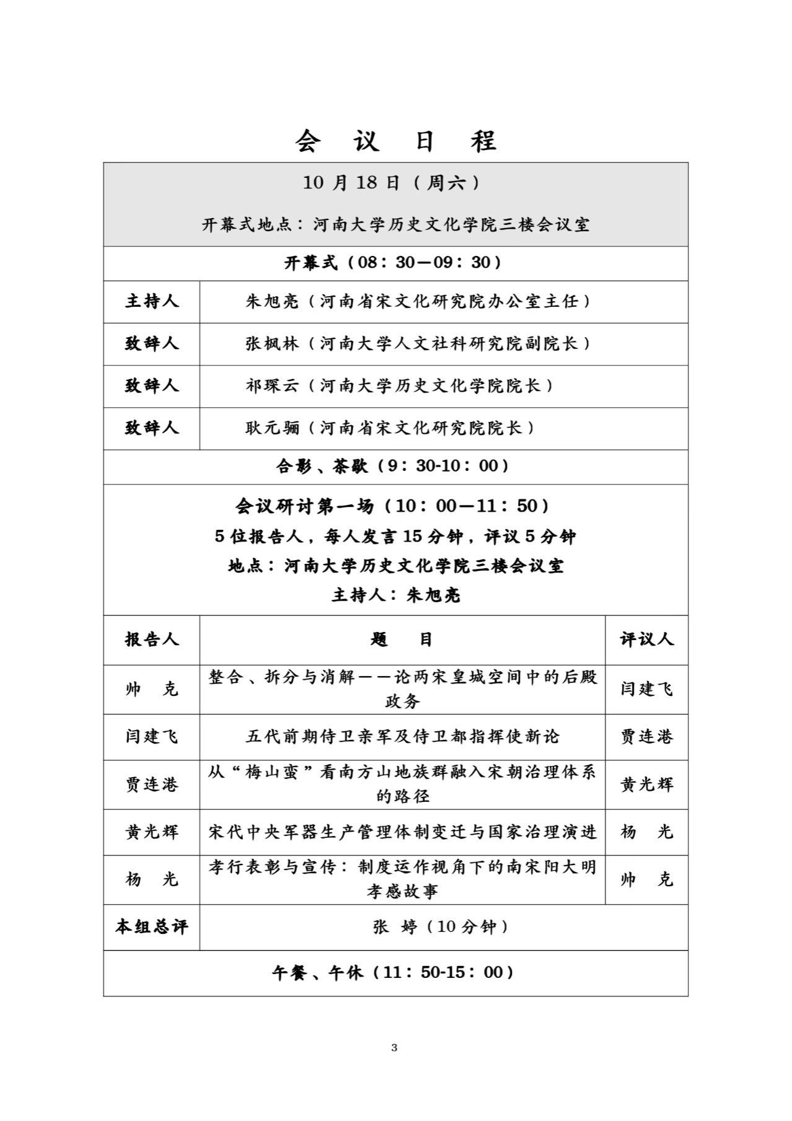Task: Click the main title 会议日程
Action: [395, 141]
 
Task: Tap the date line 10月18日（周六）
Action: [391, 183]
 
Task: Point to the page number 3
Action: [395, 1048]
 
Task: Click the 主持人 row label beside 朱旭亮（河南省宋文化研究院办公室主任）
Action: [152, 302]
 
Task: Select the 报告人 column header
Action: [152, 640]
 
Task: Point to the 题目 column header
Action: [402, 640]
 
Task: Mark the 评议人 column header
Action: [646, 640]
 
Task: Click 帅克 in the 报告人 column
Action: [152, 689]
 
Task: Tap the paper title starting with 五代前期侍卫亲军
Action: [402, 736]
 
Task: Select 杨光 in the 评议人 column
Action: [646, 832]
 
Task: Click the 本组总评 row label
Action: [152, 927]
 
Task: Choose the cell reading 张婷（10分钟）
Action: [441, 927]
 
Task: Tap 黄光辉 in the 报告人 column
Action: [152, 832]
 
